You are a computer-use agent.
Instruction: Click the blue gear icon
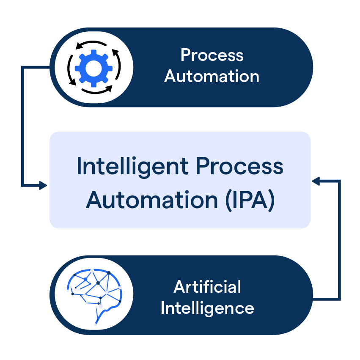(94, 67)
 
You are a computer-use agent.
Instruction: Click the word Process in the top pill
(212, 55)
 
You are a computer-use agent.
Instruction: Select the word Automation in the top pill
(212, 77)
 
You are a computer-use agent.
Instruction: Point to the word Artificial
(207, 287)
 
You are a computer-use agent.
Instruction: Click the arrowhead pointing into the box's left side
(42, 185)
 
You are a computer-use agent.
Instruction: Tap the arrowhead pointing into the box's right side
(316, 181)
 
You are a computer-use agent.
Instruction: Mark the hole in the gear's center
(94, 67)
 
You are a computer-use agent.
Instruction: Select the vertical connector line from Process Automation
(22, 127)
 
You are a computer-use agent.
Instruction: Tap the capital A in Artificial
(179, 287)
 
